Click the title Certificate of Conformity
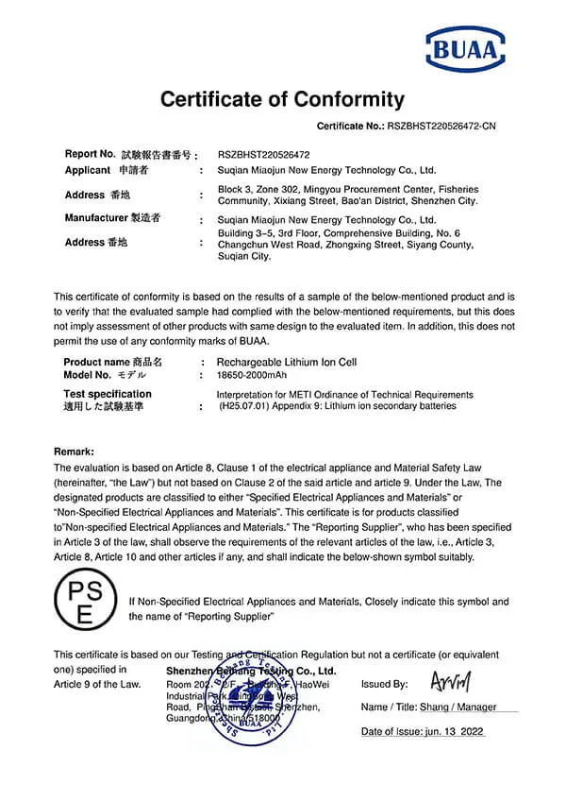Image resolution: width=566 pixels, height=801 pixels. [x=282, y=99]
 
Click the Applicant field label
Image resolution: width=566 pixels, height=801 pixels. [x=88, y=170]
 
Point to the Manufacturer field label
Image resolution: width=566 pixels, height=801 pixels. [x=97, y=217]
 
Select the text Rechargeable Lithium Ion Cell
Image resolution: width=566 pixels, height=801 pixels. [x=287, y=362]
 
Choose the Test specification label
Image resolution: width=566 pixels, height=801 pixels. [x=107, y=394]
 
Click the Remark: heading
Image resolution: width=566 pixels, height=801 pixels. [x=74, y=452]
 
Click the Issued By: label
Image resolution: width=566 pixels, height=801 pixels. [x=384, y=684]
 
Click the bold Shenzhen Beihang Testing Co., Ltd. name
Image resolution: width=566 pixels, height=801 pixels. [x=251, y=671]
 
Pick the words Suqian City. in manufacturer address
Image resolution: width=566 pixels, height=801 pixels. [x=243, y=256]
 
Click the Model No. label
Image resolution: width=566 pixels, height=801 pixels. [x=90, y=375]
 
